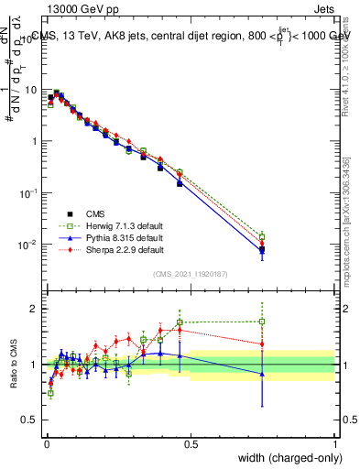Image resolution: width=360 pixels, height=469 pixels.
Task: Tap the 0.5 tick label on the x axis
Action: (x=191, y=443)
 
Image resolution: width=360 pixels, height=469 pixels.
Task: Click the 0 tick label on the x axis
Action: (x=46, y=443)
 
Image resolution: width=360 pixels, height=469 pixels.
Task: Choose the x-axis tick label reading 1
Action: (x=335, y=443)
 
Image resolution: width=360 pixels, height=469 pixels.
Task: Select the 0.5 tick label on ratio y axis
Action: (x=32, y=420)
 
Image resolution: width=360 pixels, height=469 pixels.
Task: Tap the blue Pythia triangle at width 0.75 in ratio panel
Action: (x=263, y=374)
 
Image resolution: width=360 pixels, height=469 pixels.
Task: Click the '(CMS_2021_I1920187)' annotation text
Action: (x=191, y=272)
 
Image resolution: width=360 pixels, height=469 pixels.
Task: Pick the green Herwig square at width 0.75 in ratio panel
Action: (x=263, y=322)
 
